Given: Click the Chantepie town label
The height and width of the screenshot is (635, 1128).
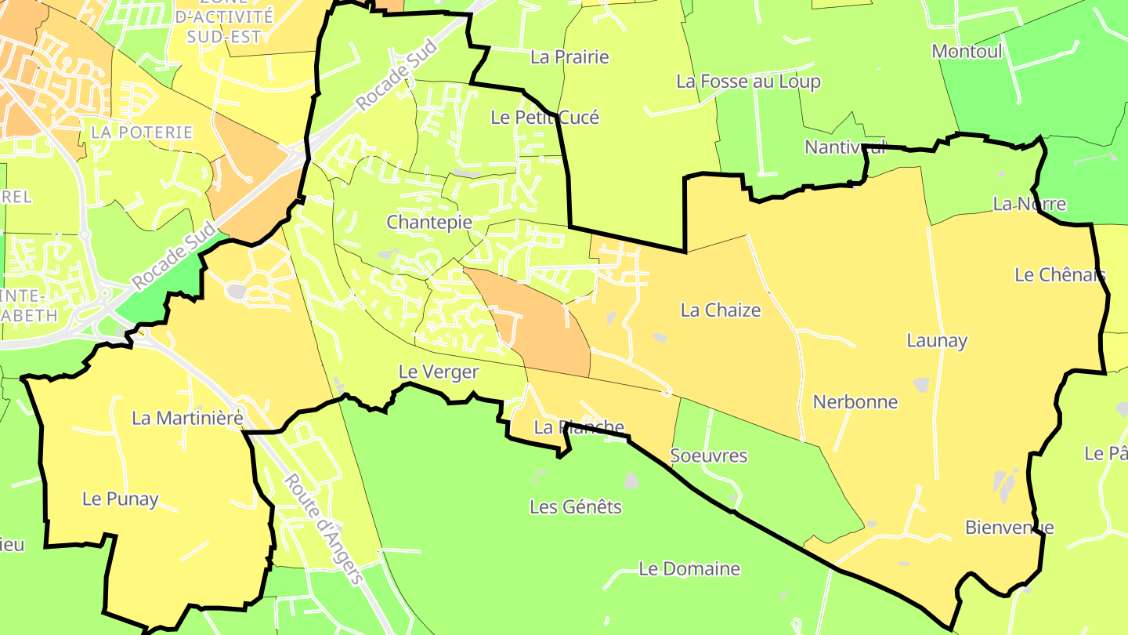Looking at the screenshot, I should [x=429, y=222].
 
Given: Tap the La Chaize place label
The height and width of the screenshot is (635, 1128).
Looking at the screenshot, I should [x=721, y=310].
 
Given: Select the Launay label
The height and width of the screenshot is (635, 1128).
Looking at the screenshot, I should [x=937, y=340].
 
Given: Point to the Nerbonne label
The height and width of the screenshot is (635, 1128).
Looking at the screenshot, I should [x=855, y=401].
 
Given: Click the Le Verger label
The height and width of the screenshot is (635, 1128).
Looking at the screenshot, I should [x=439, y=372].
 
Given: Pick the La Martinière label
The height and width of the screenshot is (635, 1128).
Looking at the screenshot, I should [x=188, y=418].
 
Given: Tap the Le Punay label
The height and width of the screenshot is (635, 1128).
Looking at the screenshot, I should [x=121, y=499].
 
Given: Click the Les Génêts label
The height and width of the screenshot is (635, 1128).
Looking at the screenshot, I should [x=576, y=506].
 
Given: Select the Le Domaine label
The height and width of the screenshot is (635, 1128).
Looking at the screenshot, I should [x=689, y=568].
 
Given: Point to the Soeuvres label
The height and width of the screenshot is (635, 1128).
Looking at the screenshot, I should [x=709, y=455].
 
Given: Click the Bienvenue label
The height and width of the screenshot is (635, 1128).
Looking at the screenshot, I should [x=1009, y=527].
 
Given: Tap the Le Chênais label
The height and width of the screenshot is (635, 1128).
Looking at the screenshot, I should [x=1060, y=274].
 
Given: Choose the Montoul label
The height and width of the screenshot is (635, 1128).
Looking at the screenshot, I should [x=967, y=51].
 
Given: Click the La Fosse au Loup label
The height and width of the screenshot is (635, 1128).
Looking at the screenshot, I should [x=748, y=81].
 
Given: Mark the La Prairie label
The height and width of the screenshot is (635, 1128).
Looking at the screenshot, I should [x=569, y=56].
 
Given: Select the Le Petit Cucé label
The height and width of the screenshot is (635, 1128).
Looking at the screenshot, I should [x=544, y=117].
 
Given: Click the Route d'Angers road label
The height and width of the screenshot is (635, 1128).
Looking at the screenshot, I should [x=323, y=529].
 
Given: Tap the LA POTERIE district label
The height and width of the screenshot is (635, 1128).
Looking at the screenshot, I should [x=142, y=132].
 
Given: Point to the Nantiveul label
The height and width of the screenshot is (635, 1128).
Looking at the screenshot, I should [x=845, y=147].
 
